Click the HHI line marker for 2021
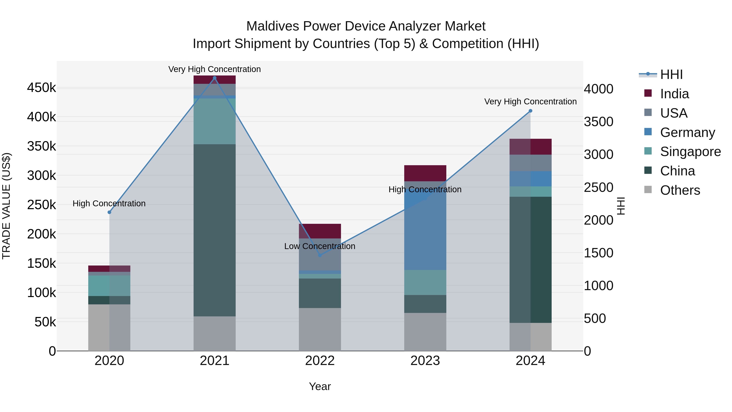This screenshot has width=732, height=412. (x=215, y=78)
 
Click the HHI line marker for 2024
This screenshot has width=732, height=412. (x=530, y=111)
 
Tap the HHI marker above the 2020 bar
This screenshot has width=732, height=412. (x=109, y=212)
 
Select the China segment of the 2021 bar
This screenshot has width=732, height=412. (x=215, y=230)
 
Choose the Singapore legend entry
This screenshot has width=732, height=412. (x=690, y=152)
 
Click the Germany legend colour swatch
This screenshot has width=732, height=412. (x=648, y=132)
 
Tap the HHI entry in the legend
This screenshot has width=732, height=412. (x=671, y=74)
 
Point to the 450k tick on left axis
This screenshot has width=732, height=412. (x=41, y=87)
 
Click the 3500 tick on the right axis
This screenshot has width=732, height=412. (x=598, y=122)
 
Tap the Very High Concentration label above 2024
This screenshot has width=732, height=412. (x=530, y=102)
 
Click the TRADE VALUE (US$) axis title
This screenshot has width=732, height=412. (x=6, y=206)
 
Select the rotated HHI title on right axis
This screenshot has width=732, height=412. (x=621, y=206)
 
